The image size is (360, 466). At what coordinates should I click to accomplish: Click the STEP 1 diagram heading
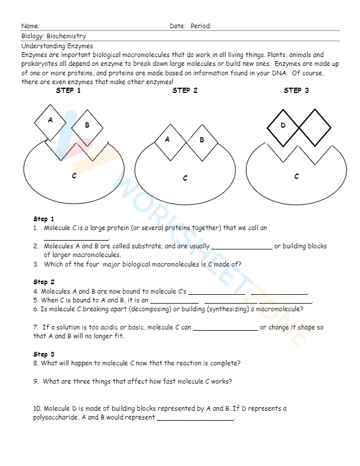[68, 91]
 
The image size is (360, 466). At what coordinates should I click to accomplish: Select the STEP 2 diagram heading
[185, 91]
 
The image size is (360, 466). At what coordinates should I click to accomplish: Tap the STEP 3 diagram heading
[296, 91]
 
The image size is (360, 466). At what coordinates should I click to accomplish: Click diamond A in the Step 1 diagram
[51, 120]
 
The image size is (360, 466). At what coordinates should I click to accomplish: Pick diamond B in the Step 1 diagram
[87, 125]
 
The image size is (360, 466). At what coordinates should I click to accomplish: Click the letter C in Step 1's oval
[74, 175]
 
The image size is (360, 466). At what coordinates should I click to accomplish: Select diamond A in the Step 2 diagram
[168, 140]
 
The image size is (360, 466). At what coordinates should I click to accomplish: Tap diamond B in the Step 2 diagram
[202, 140]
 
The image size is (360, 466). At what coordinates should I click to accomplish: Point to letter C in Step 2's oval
[185, 178]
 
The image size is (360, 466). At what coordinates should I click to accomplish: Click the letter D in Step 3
[283, 125]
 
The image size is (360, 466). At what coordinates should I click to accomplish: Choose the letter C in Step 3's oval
[296, 176]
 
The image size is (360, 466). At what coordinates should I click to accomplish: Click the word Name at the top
[31, 26]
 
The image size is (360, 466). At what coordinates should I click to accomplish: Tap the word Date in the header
[177, 26]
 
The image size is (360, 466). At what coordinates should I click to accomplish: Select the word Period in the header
[201, 26]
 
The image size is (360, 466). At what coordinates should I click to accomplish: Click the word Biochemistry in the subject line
[66, 36]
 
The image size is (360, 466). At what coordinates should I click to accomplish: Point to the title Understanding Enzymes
[57, 45]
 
